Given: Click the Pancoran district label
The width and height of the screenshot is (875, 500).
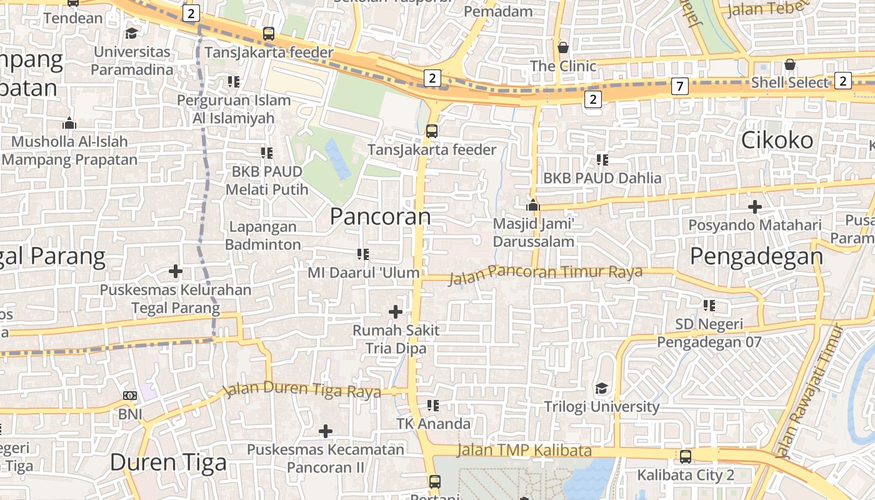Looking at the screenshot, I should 380,216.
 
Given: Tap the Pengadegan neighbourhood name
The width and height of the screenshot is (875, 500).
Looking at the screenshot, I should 756,256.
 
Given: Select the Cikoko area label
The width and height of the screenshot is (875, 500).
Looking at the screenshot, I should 777,140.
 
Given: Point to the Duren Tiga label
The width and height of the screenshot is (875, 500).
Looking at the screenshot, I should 168,462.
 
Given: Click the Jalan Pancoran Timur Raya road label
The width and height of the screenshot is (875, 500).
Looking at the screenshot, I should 546,274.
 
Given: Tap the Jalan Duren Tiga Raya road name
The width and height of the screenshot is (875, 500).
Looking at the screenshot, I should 302,389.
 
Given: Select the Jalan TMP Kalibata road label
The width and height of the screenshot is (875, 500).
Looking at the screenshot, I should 524,450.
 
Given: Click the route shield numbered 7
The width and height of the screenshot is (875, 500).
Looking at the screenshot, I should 680,86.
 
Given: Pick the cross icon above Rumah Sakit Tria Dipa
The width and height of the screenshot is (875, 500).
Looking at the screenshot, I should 396,311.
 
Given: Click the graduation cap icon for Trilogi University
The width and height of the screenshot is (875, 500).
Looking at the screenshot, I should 601,389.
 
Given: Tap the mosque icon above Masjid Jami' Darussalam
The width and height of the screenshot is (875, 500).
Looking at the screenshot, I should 532,205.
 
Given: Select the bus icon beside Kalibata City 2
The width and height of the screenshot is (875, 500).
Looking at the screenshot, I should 686,457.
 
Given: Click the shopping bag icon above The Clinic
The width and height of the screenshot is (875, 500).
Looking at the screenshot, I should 563,47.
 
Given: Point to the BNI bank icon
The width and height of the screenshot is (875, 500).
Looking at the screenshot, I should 130,396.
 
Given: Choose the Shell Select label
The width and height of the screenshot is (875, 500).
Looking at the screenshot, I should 789,82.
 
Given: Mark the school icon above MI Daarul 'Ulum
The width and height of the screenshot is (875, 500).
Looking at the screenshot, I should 363,254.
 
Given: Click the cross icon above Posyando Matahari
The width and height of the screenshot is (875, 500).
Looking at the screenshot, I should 755,206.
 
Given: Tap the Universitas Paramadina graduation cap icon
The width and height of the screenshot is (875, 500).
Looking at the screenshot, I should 132,33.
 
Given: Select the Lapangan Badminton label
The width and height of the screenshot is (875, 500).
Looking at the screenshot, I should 263,236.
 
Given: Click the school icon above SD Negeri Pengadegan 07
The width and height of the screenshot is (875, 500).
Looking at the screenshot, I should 709,306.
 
